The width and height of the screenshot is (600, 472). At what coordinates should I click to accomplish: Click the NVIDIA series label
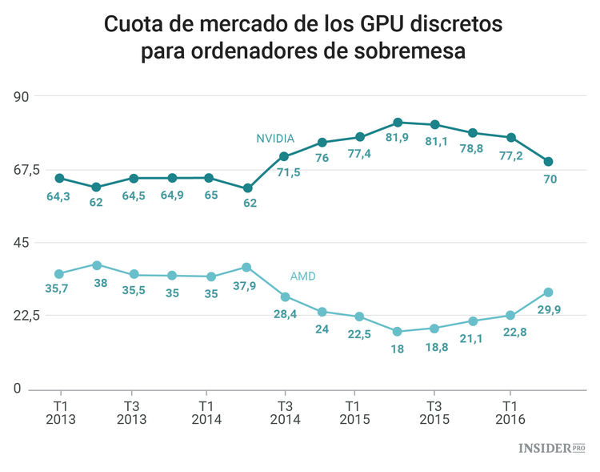(275, 138)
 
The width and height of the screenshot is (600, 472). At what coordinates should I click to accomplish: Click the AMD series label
(302, 276)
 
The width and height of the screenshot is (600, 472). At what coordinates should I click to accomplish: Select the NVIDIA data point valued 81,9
(398, 123)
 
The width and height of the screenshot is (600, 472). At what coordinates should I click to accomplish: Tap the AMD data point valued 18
(398, 331)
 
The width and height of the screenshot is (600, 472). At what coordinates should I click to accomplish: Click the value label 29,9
(548, 309)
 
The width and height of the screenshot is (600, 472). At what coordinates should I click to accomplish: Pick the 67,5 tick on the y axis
(30, 169)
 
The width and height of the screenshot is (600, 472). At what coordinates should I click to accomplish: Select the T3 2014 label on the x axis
(285, 413)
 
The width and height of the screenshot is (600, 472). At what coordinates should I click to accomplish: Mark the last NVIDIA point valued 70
(548, 162)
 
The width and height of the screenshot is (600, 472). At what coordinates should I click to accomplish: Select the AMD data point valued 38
(97, 265)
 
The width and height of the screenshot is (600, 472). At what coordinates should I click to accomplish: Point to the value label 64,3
(58, 196)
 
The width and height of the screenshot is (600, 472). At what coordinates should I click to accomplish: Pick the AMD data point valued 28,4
(285, 297)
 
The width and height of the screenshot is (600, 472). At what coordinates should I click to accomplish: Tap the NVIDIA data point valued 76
(322, 143)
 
